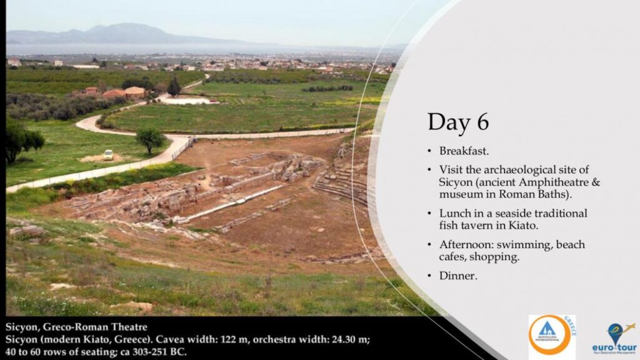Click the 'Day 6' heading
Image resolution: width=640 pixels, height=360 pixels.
tap(458, 122)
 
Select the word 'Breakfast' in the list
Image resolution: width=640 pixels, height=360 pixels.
tap(463, 151)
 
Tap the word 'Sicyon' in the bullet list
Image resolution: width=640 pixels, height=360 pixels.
tap(455, 182)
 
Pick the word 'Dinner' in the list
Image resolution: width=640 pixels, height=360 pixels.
tap(457, 276)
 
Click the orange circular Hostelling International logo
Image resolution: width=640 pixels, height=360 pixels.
tap(549, 335)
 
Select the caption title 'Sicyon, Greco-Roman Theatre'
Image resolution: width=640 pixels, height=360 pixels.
tap(76, 327)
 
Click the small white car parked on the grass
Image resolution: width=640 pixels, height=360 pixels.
tap(108, 155)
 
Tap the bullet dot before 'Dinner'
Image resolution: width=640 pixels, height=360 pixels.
tap(429, 276)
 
